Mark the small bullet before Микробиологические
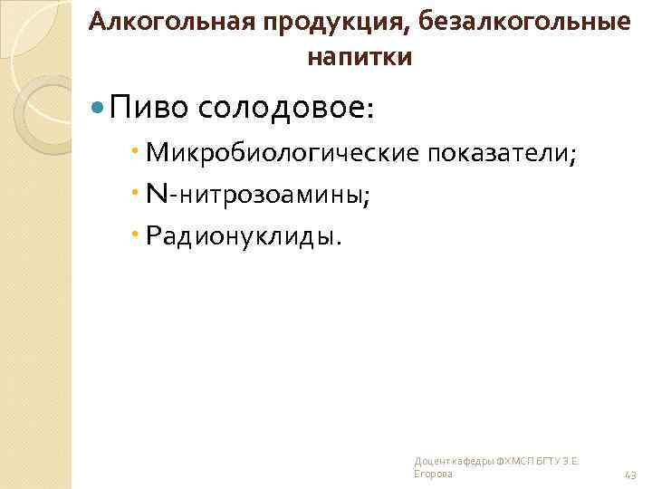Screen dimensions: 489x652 136,152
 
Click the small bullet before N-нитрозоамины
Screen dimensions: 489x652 136,193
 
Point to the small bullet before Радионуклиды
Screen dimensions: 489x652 136,235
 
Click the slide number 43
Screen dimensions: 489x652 630,475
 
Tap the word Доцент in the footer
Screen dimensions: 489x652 427,462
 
